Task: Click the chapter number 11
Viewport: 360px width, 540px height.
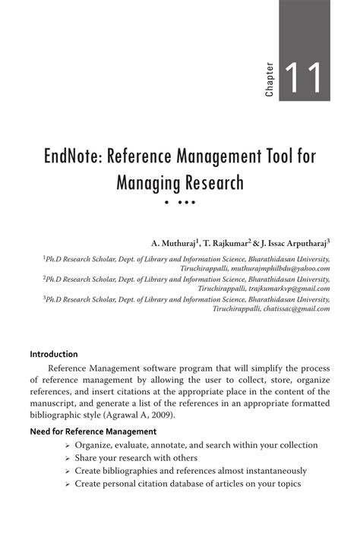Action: click(x=305, y=79)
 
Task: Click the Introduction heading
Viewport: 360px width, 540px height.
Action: click(x=54, y=354)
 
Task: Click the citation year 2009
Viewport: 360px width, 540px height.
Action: click(x=185, y=416)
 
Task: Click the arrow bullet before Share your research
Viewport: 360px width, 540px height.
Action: click(x=68, y=459)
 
